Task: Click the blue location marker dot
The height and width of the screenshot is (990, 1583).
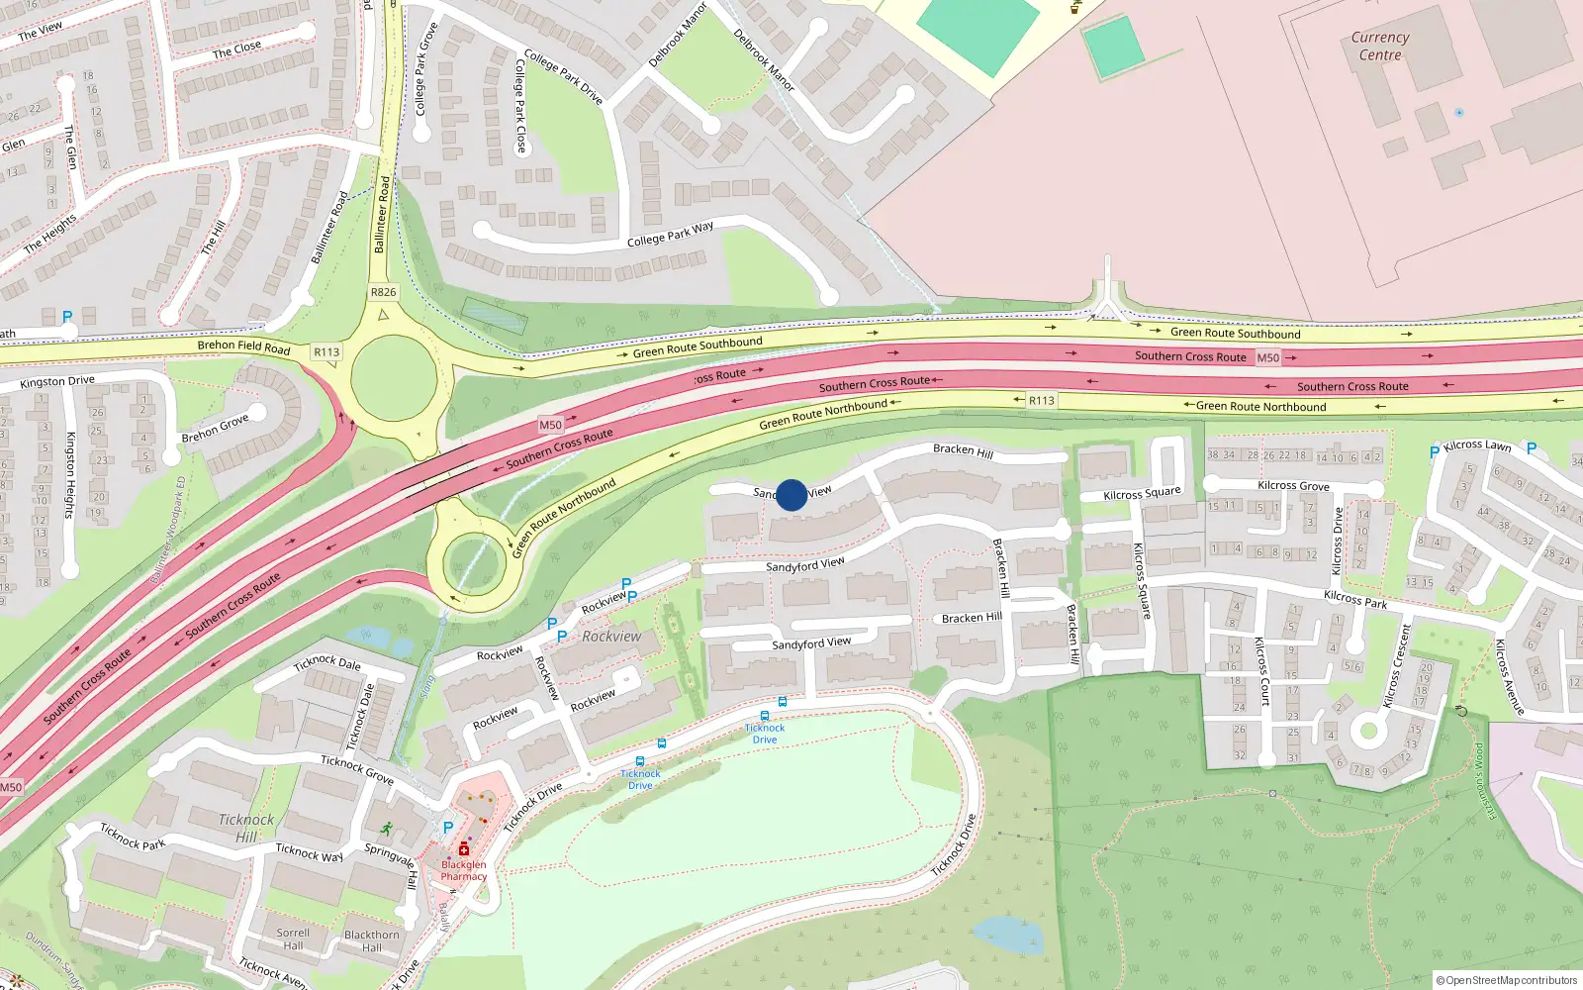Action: pyautogui.click(x=791, y=494)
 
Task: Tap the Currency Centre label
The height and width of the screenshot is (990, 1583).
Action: pyautogui.click(x=1380, y=47)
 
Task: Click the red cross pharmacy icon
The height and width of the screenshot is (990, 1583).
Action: pyautogui.click(x=464, y=849)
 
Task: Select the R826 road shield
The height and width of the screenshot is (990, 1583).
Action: pyautogui.click(x=383, y=292)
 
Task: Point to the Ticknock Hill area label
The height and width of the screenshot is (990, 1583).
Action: pyautogui.click(x=246, y=828)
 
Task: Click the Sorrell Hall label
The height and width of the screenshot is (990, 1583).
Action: pyautogui.click(x=293, y=939)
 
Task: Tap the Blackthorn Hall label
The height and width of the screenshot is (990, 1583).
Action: pyautogui.click(x=372, y=940)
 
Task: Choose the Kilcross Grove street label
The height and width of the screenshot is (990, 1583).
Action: pyautogui.click(x=1293, y=486)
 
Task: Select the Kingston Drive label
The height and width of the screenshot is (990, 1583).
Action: pyautogui.click(x=57, y=381)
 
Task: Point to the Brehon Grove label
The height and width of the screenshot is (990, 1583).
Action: pyautogui.click(x=215, y=430)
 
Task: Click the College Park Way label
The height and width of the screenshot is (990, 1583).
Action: pyautogui.click(x=670, y=235)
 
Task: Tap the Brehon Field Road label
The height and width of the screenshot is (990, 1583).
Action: pyautogui.click(x=243, y=346)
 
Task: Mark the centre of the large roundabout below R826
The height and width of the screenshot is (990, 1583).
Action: pyautogui.click(x=393, y=376)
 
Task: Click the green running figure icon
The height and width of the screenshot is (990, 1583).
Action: pyautogui.click(x=385, y=829)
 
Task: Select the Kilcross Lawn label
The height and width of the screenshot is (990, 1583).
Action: pyautogui.click(x=1477, y=445)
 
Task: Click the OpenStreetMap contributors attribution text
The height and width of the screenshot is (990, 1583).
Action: pyautogui.click(x=1507, y=980)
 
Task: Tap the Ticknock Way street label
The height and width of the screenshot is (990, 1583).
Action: pyautogui.click(x=309, y=852)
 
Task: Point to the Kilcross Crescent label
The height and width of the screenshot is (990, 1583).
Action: pyautogui.click(x=1395, y=665)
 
